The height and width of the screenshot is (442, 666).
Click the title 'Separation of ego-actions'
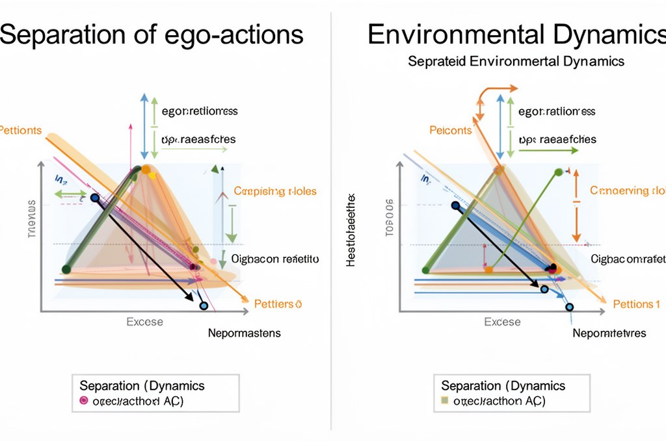tap(151, 34)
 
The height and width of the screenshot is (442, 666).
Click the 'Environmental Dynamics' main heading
tap(515, 34)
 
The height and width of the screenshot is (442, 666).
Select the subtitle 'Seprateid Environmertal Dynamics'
tap(516, 62)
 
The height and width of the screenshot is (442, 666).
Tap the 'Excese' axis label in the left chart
tap(144, 322)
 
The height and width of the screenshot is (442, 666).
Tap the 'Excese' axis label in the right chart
tap(502, 322)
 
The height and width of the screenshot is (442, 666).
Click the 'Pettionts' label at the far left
tap(20, 131)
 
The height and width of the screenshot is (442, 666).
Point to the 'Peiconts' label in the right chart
tap(450, 131)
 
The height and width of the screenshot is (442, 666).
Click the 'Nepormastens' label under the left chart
tap(244, 333)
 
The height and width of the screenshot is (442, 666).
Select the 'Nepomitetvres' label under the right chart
tap(609, 333)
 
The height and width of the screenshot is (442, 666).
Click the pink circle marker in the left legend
tap(83, 401)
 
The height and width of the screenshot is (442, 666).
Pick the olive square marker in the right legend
tap(444, 401)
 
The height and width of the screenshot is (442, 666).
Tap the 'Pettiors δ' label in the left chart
tap(278, 304)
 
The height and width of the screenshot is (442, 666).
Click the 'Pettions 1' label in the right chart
tap(637, 304)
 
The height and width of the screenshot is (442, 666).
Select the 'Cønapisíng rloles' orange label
tap(274, 191)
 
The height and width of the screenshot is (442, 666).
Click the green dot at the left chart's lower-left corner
tap(65, 269)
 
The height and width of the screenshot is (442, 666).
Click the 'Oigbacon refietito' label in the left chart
tap(274, 259)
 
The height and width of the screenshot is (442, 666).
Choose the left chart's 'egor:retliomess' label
tap(199, 111)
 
